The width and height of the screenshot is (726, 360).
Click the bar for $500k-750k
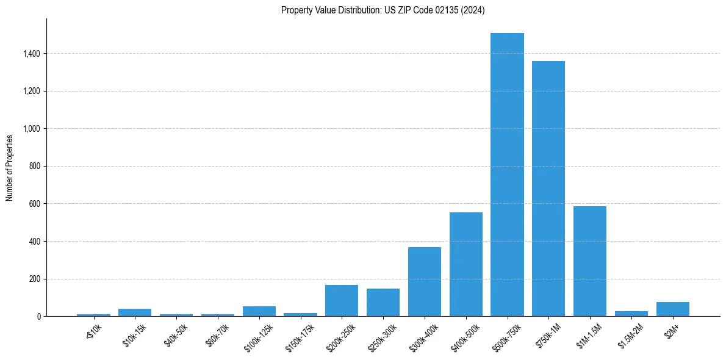(507, 175)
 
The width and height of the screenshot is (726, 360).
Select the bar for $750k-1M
(548, 189)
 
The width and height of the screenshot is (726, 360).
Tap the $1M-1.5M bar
(590, 261)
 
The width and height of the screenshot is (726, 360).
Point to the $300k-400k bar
(424, 281)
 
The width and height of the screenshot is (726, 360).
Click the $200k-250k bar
(341, 300)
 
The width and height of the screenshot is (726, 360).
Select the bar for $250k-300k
(383, 302)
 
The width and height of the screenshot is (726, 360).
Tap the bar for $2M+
(672, 309)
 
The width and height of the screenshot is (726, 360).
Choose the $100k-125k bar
(259, 311)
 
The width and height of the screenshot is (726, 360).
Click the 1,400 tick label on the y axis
(31, 54)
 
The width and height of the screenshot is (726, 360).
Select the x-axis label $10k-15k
(135, 334)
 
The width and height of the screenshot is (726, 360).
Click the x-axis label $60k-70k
(218, 334)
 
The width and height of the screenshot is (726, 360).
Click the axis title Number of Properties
(10, 167)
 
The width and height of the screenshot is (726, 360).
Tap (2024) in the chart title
(473, 10)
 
